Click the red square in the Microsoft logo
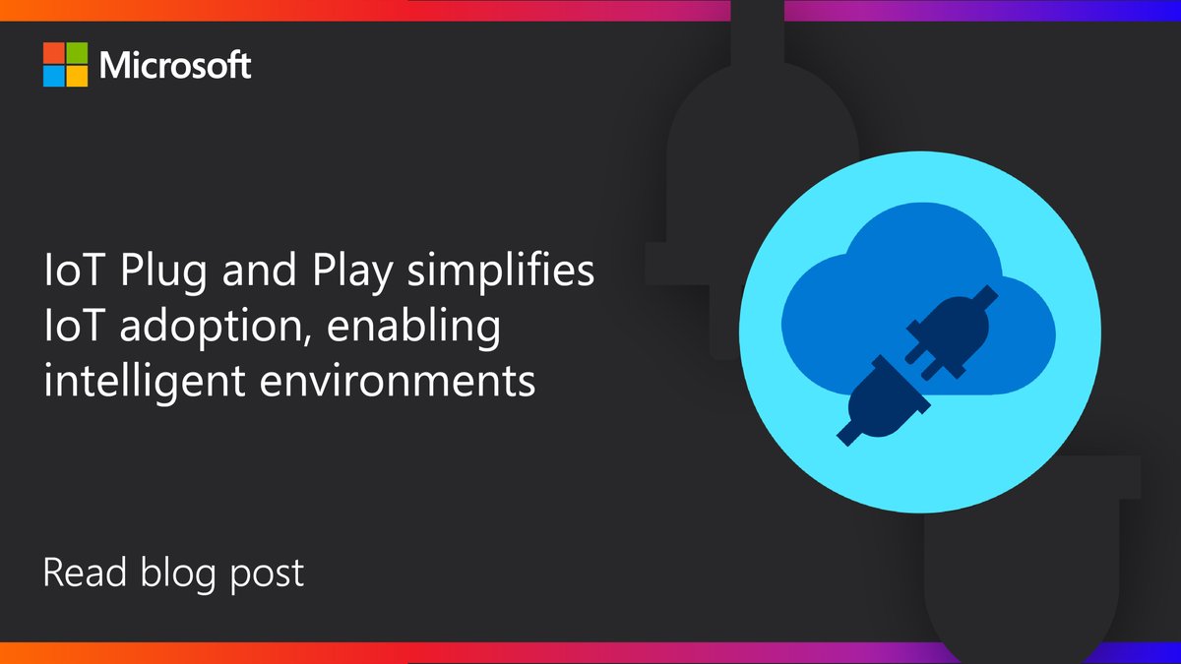(53, 54)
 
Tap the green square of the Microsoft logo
(76, 54)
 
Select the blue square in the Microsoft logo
(53, 77)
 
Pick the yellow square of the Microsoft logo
(76, 77)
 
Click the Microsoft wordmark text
(175, 66)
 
